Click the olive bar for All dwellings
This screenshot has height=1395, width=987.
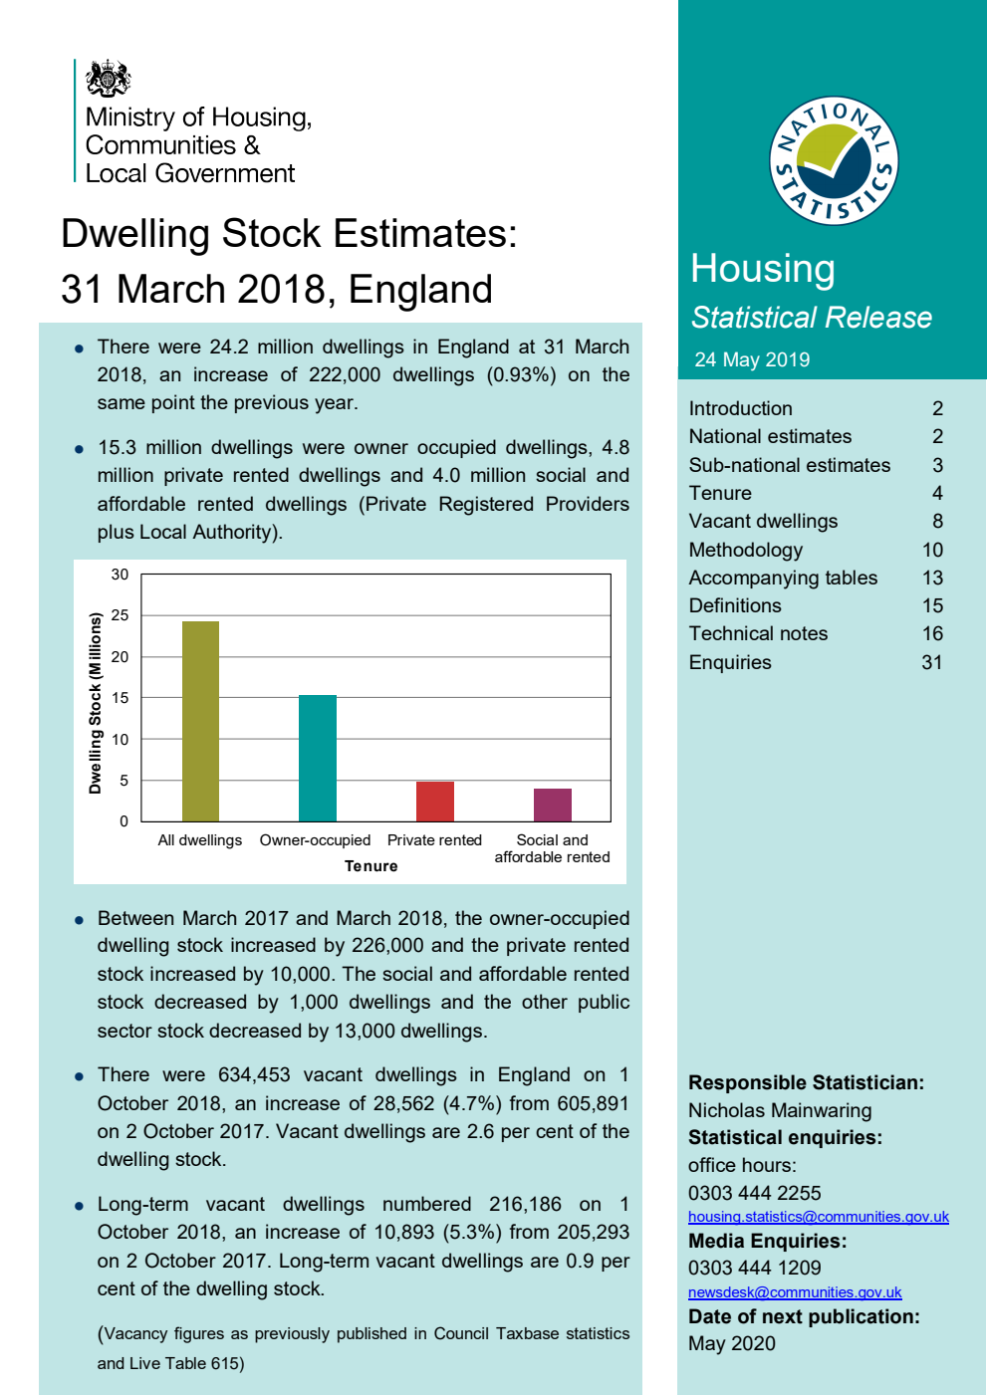(x=200, y=721)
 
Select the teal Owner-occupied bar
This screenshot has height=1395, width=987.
(x=317, y=758)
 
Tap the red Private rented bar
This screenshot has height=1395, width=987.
(x=434, y=802)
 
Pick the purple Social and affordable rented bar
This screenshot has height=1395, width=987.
(x=552, y=805)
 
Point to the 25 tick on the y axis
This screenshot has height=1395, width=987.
(x=121, y=615)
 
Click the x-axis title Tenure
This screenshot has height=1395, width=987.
(x=370, y=866)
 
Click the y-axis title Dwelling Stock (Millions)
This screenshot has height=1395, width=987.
(x=96, y=703)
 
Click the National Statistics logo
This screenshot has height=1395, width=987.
(x=834, y=161)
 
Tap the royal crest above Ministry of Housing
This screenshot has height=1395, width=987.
(x=109, y=79)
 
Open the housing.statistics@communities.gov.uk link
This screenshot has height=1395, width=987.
(x=818, y=1217)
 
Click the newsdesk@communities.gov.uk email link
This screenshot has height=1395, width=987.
(x=794, y=1292)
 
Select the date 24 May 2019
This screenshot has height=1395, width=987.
(x=752, y=359)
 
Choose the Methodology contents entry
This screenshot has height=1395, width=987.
(x=745, y=550)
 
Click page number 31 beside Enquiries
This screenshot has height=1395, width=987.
(x=931, y=662)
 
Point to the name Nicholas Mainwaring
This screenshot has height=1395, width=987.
(x=779, y=1110)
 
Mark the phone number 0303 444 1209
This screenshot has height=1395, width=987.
(x=754, y=1268)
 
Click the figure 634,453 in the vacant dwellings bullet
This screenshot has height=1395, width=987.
(x=254, y=1074)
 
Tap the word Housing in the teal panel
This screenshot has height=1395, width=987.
(x=763, y=269)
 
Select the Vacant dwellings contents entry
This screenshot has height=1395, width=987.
(x=763, y=521)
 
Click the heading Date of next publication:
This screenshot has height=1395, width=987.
(x=803, y=1316)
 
